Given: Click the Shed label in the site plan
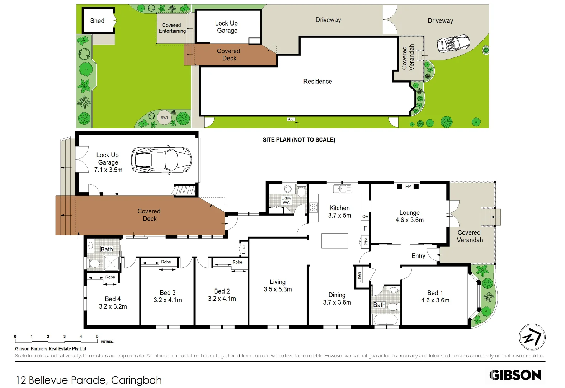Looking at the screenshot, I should pos(97,21).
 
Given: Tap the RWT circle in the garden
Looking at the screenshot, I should pos(164,118).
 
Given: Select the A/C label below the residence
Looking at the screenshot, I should pos(291,119).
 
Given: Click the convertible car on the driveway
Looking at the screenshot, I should pos(453,44).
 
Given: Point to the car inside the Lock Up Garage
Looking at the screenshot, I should pos(161,160).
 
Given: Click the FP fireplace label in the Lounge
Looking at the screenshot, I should pos(408,186).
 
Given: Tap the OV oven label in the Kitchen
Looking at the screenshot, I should pos(365,216).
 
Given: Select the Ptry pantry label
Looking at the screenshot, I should pos(366,241).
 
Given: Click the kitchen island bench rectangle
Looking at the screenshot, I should pos(334,241).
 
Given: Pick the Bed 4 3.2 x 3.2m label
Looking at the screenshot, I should pos(113,302).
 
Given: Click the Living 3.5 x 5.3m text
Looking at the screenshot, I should pos(278,286).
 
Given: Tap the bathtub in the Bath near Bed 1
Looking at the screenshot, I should pos(386,319).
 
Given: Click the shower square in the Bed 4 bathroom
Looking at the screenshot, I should pos(111,263).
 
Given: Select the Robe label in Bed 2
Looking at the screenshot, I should pos(237,262).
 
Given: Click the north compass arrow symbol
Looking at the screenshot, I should pos(532,337).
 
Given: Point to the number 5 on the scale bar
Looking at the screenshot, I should pos(97,337).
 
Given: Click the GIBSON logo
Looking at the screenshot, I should pos(515,375).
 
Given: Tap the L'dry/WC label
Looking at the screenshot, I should pos(286,200).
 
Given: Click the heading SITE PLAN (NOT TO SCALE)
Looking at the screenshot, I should pos(299,140).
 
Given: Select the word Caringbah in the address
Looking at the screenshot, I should pos(136,380).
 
